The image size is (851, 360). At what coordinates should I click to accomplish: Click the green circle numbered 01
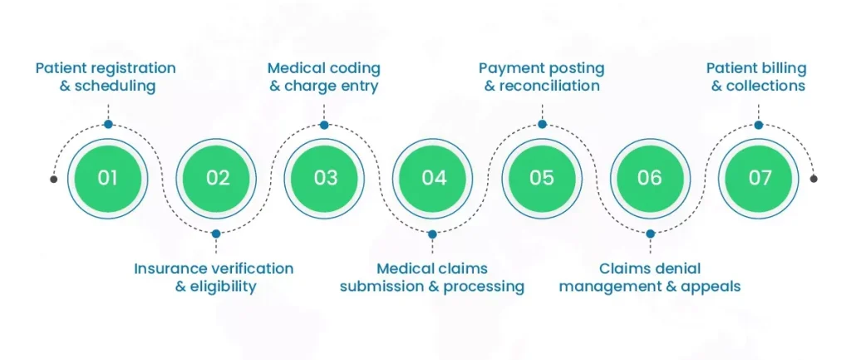108,178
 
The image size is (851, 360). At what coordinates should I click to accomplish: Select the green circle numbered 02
217,178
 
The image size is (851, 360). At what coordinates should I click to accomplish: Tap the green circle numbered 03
325,178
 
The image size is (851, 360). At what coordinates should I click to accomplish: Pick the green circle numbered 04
433,178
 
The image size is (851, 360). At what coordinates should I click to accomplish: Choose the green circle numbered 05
542,178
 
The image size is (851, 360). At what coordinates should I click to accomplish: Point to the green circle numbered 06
650,178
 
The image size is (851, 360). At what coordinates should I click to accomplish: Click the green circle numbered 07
759,178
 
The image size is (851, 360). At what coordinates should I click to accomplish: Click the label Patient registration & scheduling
106,76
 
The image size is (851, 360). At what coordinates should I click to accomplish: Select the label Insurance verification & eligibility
214,278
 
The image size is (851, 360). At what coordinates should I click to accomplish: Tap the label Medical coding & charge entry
323,76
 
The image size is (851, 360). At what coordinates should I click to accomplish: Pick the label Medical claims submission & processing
432,278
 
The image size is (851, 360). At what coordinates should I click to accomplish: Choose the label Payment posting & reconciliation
541,76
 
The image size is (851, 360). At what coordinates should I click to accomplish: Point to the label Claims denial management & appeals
650,278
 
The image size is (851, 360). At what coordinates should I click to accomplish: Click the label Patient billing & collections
758,76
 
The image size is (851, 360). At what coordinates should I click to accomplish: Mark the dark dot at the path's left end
54,179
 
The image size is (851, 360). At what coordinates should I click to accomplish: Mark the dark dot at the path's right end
814,179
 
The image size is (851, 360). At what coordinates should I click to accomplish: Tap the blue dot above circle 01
108,125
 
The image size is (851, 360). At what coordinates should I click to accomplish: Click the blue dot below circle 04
433,234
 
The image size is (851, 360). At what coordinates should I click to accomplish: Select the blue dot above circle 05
542,125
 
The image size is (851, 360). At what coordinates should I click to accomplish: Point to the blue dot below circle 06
650,234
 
